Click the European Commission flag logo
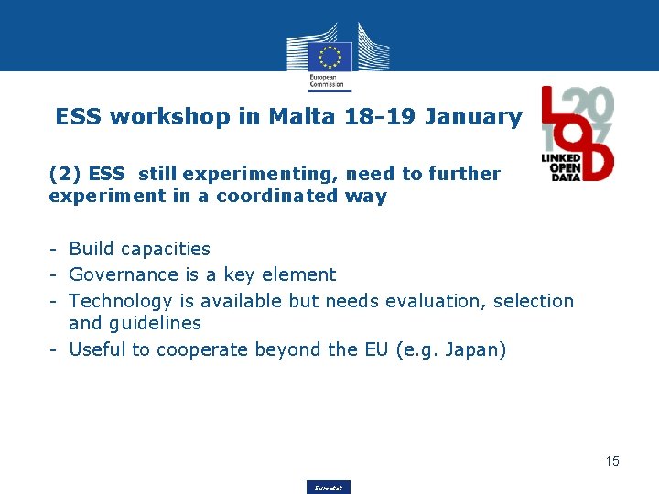coord(329,56)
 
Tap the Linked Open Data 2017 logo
coord(578,134)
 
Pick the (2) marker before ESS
coord(64,174)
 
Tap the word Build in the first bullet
coord(92,249)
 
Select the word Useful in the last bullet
coord(96,349)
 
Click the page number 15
coord(611,461)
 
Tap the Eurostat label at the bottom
coord(329,488)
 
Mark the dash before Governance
coord(55,274)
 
